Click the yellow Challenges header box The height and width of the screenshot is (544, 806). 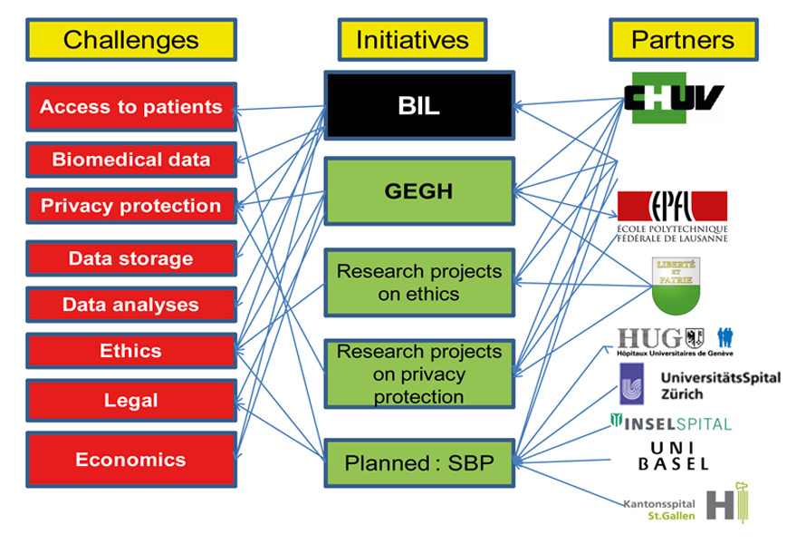pos(131,40)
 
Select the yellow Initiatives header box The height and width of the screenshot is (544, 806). pos(412,40)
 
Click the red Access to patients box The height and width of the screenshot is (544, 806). pos(131,107)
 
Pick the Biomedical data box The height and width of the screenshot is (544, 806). pos(131,160)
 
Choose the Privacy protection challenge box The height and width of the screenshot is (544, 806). pos(131,206)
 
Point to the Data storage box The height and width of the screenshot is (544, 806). pos(131,258)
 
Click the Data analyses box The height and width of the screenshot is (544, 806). pos(131,305)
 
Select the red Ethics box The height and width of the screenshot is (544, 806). pos(131,351)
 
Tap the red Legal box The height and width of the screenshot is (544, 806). pos(131,400)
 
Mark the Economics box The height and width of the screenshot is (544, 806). pos(131,459)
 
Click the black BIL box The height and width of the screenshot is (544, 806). pos(418,106)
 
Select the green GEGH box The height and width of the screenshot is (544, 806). pos(418,191)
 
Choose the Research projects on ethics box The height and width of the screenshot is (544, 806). pos(418,282)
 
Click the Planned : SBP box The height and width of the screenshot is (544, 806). pos(418,462)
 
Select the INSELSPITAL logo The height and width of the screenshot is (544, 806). pos(671,423)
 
